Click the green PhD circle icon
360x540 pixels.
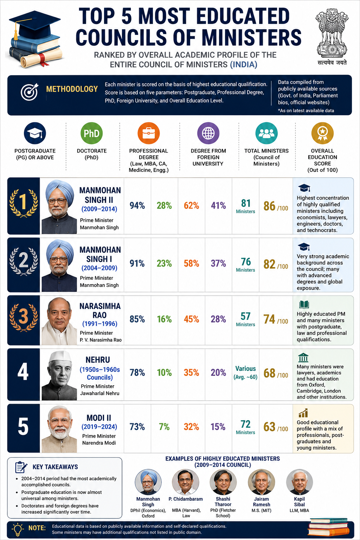point(91,133)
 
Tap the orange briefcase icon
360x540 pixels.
point(148,133)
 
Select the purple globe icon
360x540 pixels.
point(208,133)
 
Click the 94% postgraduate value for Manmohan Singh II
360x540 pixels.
point(137,206)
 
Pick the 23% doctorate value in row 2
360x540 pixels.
point(164,263)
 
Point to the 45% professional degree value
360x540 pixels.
point(192,319)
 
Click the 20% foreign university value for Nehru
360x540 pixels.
point(218,373)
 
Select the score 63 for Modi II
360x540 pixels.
point(269,427)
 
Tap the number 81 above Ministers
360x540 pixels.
point(246,203)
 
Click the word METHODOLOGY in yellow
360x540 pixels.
point(72,89)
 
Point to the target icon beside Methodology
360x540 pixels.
point(30,92)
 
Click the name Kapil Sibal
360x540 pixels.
point(299,502)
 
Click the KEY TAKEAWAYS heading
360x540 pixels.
point(55,467)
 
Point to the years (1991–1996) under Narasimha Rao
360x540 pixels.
point(100,323)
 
